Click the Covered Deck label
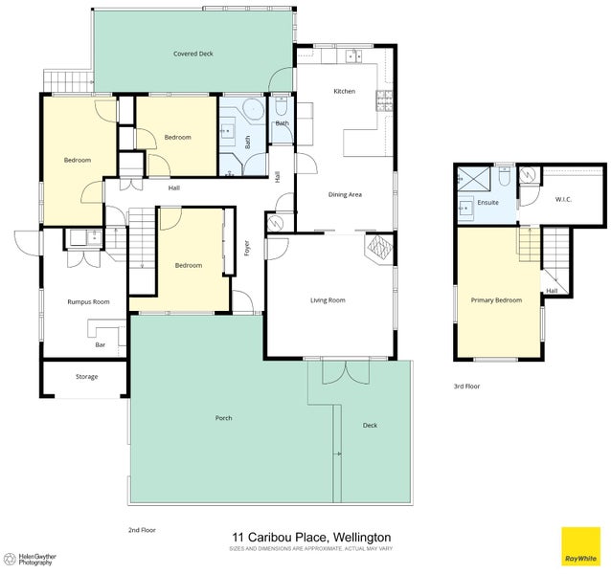point(193,54)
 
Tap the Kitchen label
point(345,91)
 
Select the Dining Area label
point(345,194)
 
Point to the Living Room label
point(328,300)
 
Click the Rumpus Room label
point(88,301)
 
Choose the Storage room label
point(86,377)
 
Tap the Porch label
point(224,418)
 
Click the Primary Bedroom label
point(496,300)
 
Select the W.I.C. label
point(563,200)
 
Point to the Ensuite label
point(487,203)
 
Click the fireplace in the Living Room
point(379,249)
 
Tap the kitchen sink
point(353,55)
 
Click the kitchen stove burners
point(384,101)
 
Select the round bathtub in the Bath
point(254,109)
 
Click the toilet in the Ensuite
point(505,177)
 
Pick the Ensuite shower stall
point(473,179)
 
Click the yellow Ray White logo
point(580,546)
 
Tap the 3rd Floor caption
point(466,386)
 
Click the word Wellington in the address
point(362,538)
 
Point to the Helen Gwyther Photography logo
point(32,560)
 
